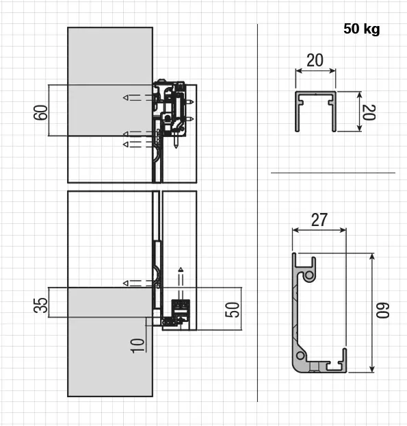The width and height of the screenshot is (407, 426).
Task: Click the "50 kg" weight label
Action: pyautogui.click(x=362, y=29)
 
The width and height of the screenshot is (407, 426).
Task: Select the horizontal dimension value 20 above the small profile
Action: pyautogui.click(x=315, y=60)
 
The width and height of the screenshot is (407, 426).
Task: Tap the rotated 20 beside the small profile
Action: pyautogui.click(x=368, y=112)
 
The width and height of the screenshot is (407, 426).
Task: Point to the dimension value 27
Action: pyautogui.click(x=319, y=220)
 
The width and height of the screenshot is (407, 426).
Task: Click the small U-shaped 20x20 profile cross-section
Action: pyautogui.click(x=315, y=110)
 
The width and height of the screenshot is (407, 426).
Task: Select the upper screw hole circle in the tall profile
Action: pyautogui.click(x=310, y=275)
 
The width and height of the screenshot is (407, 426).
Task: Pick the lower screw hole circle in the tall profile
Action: pyautogui.click(x=300, y=356)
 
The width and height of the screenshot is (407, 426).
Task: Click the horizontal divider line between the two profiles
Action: pyautogui.click(x=332, y=173)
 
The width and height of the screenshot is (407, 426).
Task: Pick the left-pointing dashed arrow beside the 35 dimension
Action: pyautogui.click(x=137, y=283)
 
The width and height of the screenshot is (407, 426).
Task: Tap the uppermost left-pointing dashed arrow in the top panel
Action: pyautogui.click(x=137, y=98)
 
